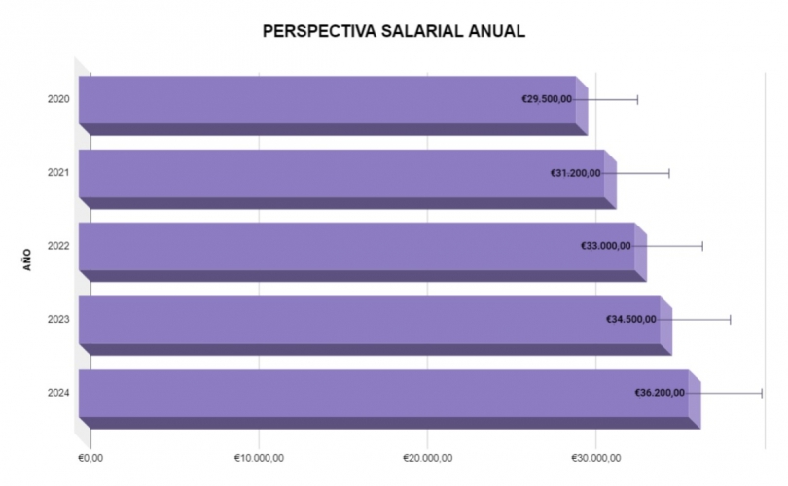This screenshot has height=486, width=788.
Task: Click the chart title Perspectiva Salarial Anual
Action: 394,31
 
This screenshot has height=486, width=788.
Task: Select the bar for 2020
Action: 292,100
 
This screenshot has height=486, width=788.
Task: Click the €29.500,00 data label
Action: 547,99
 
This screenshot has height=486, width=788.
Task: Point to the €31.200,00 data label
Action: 576,173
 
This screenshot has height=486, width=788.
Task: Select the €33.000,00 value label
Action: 606,246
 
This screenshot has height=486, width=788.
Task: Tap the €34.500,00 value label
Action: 631,319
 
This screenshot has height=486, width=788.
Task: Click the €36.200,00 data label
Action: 660,393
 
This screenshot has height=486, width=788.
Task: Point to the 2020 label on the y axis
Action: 57,99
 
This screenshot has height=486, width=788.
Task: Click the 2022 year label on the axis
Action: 57,246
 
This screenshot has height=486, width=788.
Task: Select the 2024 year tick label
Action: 57,393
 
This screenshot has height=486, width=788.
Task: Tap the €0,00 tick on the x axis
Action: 90,457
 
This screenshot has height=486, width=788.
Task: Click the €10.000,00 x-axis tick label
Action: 259,457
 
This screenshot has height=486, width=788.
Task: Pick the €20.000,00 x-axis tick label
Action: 427,457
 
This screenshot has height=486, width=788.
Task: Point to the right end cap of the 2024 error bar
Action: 762,393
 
